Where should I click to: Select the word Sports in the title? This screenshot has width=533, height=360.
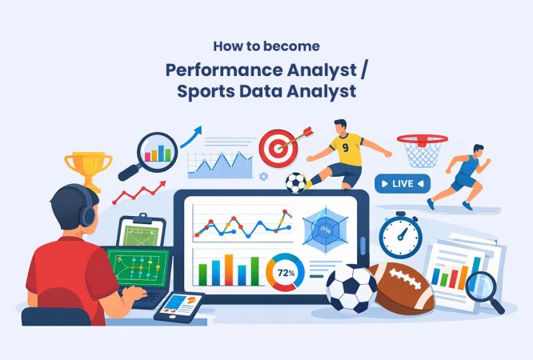[204, 91]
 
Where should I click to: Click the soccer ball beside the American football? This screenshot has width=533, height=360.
[351, 287]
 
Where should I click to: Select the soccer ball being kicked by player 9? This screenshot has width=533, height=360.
[296, 184]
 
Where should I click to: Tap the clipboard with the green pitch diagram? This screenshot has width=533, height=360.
[142, 234]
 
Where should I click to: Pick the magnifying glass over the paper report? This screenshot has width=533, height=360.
[483, 288]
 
